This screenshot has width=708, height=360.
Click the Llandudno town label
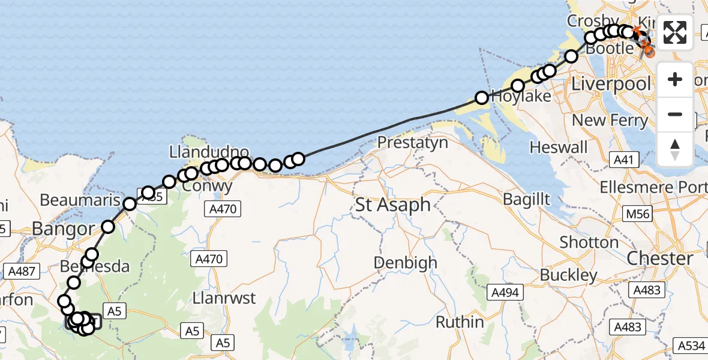tap(209, 151)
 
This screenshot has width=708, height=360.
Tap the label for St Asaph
tap(393, 205)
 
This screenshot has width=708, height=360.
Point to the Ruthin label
tap(460, 322)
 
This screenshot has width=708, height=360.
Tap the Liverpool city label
tap(610, 83)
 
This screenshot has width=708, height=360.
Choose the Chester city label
tap(660, 259)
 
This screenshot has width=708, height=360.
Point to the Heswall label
tap(559, 147)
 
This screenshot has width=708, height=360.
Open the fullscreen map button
tap(675, 32)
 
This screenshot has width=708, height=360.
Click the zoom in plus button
tap(675, 80)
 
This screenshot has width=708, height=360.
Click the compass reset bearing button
tap(675, 149)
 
